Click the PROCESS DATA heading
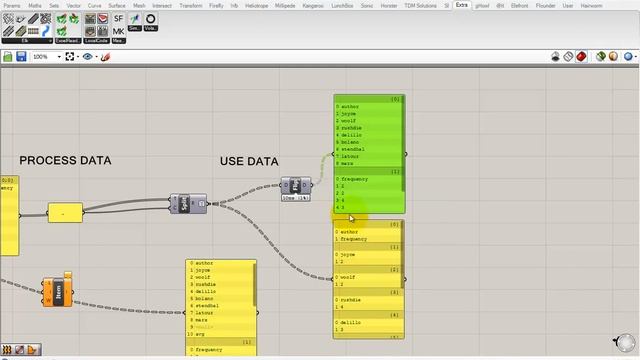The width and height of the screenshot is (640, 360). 65,160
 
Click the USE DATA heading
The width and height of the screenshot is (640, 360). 249,161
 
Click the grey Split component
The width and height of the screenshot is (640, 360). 186,204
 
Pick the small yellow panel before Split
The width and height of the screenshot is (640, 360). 65,213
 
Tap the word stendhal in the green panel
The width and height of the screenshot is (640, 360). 352,149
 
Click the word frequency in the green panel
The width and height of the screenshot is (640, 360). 355,179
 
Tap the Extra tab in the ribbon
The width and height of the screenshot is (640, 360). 461,5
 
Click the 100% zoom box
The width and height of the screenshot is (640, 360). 45,57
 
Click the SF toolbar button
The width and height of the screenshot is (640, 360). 119,19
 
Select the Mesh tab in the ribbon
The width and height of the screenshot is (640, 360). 138,5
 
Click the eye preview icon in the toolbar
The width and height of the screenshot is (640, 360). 87,57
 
